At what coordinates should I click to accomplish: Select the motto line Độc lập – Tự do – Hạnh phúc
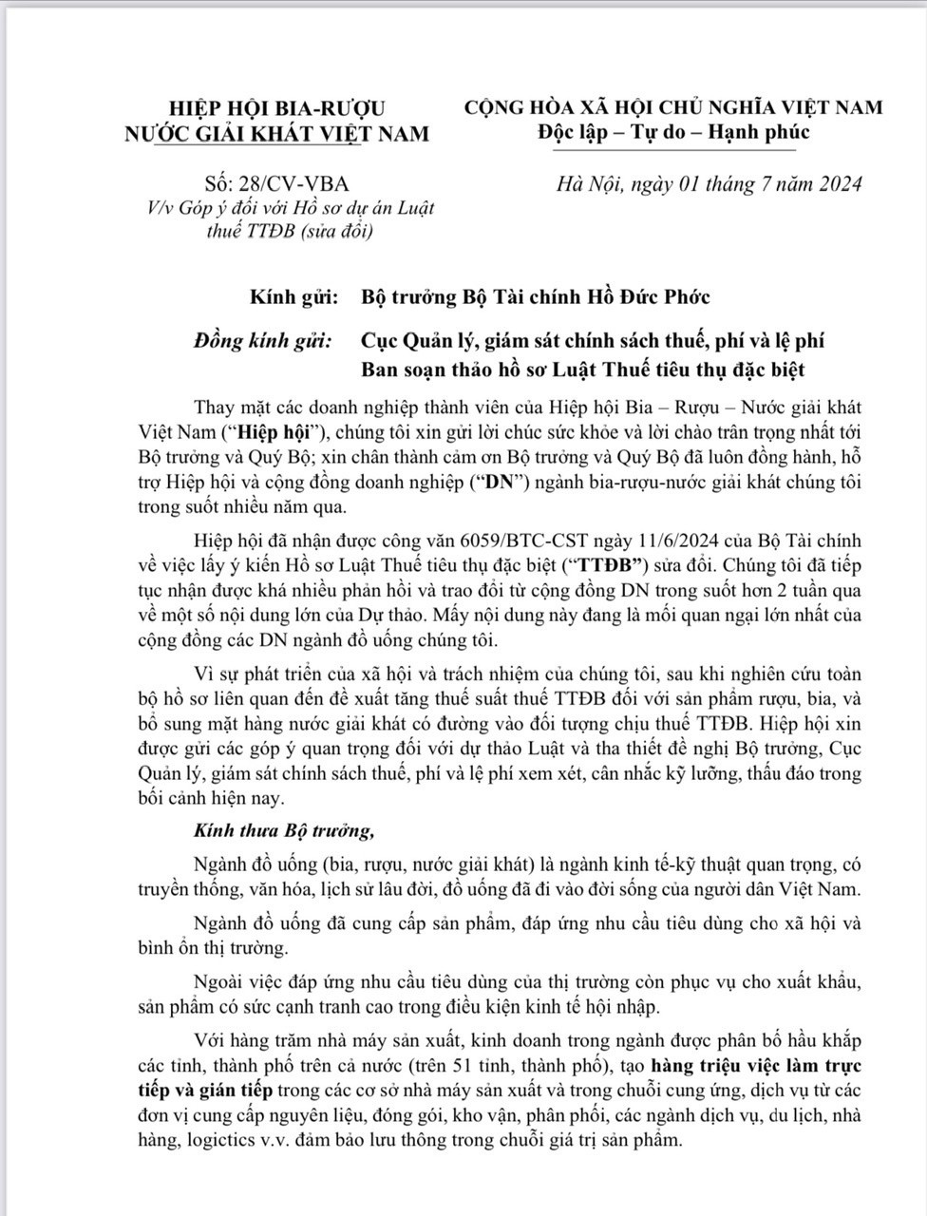(673, 131)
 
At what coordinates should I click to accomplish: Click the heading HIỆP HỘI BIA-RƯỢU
(276, 107)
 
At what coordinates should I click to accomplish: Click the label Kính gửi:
(293, 297)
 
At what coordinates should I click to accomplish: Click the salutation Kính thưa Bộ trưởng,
(284, 830)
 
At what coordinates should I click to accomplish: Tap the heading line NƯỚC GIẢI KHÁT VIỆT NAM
(276, 133)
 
